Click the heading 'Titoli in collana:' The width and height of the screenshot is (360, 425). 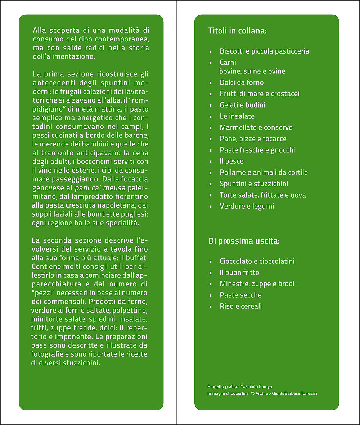tap(237, 31)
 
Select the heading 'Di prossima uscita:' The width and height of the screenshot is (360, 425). tap(244, 241)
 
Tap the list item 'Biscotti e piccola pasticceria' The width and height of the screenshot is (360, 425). tap(264, 51)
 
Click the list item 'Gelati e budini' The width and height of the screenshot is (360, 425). tap(242, 105)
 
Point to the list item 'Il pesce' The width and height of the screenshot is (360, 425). tap(231, 161)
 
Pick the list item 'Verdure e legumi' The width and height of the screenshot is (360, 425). tap(247, 206)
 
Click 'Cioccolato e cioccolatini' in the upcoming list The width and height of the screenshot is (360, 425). tap(257, 261)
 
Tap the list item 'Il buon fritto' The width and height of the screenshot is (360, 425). tap(239, 272)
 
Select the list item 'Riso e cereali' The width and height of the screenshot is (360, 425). tap(240, 306)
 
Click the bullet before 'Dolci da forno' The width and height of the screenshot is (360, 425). tap(211, 83)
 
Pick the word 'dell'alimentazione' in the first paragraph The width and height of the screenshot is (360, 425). tap(63, 56)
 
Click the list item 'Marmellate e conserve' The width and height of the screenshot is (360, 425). tap(256, 127)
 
